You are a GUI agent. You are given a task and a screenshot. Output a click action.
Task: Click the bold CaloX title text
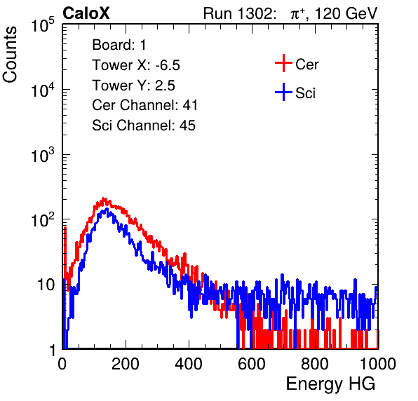pyautogui.click(x=86, y=13)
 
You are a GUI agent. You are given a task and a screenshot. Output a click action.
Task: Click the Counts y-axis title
pyautogui.click(x=10, y=55)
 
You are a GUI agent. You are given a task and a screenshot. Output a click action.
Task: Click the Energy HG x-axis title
pyautogui.click(x=330, y=384)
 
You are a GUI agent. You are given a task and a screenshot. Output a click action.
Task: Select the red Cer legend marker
pyautogui.click(x=283, y=63)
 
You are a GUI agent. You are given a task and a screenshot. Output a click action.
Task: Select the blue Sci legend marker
pyautogui.click(x=283, y=92)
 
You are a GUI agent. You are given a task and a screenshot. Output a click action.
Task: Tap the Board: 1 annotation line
pyautogui.click(x=119, y=45)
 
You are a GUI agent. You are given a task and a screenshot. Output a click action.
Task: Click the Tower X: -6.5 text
pyautogui.click(x=136, y=65)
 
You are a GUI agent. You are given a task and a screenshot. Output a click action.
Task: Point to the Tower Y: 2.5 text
pyautogui.click(x=133, y=86)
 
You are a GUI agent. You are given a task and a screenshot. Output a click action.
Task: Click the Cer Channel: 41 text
pyautogui.click(x=144, y=105)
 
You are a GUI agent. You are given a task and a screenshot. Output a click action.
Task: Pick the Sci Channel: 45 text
pyautogui.click(x=144, y=125)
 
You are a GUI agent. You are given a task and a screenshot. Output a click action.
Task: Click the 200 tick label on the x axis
pyautogui.click(x=126, y=364)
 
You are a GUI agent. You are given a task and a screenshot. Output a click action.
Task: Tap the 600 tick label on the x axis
pyautogui.click(x=252, y=364)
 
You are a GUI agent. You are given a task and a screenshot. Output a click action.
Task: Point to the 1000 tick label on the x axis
pyautogui.click(x=378, y=364)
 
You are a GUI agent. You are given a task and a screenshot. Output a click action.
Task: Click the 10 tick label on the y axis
pyautogui.click(x=46, y=285)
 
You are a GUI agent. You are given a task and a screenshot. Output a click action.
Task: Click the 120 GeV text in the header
pyautogui.click(x=346, y=13)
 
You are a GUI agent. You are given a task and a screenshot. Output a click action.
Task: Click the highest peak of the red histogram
pyautogui.click(x=104, y=198)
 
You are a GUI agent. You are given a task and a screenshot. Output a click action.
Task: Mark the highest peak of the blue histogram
pyautogui.click(x=107, y=209)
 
